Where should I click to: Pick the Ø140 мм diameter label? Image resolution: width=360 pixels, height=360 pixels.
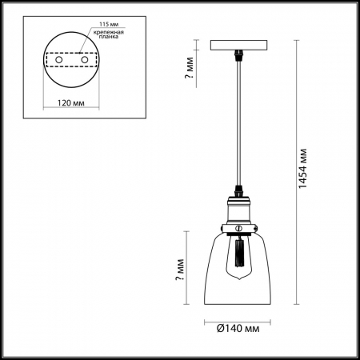click(238, 328)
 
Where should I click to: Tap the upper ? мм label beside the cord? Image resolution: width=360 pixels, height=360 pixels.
click(189, 72)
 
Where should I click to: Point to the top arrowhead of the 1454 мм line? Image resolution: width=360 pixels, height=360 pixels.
click(298, 42)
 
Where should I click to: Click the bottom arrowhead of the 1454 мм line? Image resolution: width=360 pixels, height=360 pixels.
click(298, 303)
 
